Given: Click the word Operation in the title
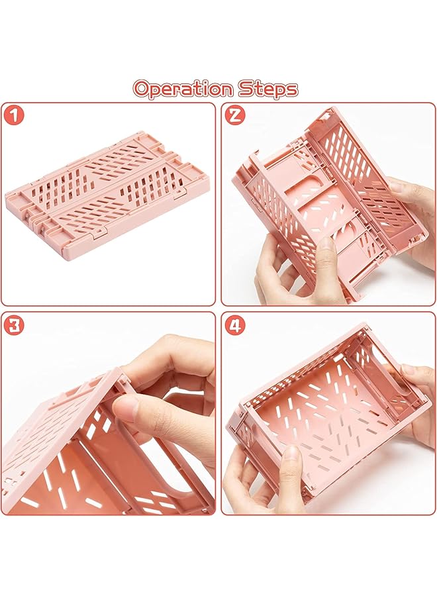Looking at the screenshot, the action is tap(183, 89).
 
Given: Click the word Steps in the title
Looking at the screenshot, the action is tap(268, 89).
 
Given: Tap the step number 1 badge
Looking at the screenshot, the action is tap(14, 115).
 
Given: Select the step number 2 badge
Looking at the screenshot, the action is tap(235, 115).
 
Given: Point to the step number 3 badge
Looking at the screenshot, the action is tap(14, 325).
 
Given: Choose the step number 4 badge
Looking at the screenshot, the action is tap(235, 325).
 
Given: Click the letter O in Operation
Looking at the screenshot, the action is tap(142, 89).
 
